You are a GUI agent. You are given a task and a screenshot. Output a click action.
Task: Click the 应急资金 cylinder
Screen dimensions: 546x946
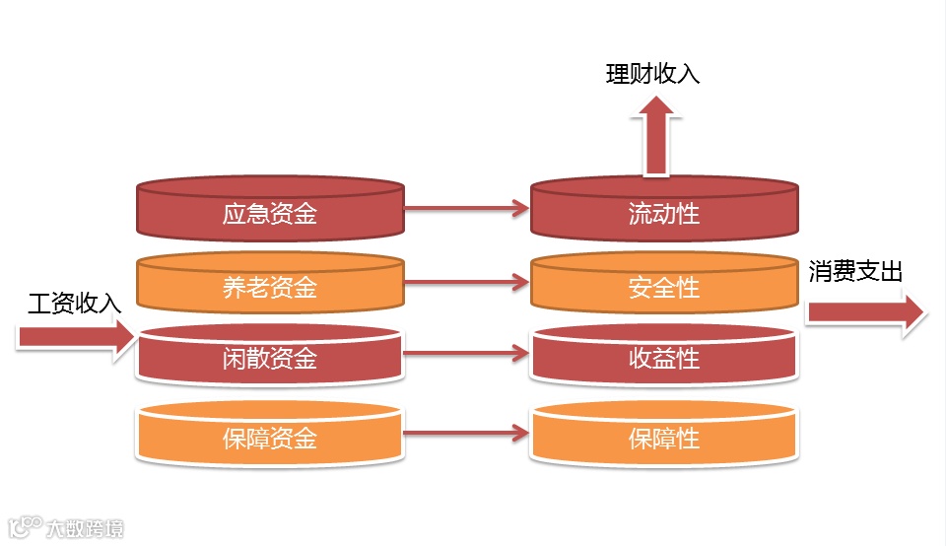(269, 211)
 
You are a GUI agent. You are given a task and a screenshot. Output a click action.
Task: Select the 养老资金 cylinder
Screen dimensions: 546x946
(269, 286)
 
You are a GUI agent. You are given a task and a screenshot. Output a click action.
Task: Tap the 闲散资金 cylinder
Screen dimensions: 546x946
(269, 357)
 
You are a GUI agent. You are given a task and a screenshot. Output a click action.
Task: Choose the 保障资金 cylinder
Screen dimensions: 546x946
(269, 435)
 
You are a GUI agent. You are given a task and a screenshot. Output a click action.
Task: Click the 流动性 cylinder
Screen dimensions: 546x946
(663, 211)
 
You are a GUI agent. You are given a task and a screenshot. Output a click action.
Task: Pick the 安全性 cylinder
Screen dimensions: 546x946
(663, 286)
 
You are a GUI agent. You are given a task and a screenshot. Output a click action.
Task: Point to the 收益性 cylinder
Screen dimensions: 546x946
(663, 357)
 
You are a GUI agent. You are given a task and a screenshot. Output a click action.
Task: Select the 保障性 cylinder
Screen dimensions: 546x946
(663, 435)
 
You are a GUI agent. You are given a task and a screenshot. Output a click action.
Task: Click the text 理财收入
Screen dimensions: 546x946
(652, 74)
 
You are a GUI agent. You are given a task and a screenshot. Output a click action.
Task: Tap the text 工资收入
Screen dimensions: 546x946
(75, 304)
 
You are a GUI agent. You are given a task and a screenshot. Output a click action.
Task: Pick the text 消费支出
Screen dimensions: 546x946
(855, 272)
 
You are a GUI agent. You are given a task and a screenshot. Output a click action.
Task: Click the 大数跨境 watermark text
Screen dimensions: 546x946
(86, 528)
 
